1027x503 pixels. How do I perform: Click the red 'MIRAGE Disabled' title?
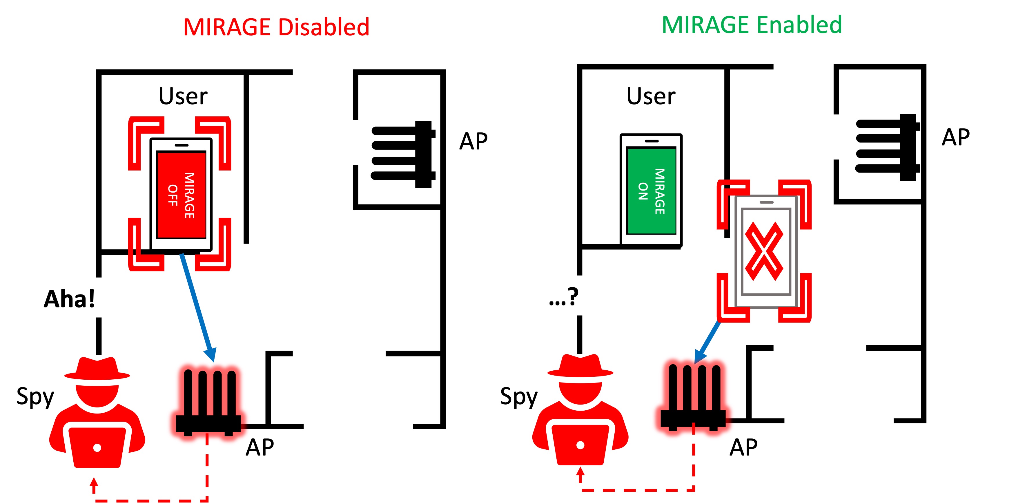coord(276,27)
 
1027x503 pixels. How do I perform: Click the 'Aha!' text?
coord(69,299)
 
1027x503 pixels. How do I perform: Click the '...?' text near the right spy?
coord(563,297)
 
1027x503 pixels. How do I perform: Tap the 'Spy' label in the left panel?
coord(35,397)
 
